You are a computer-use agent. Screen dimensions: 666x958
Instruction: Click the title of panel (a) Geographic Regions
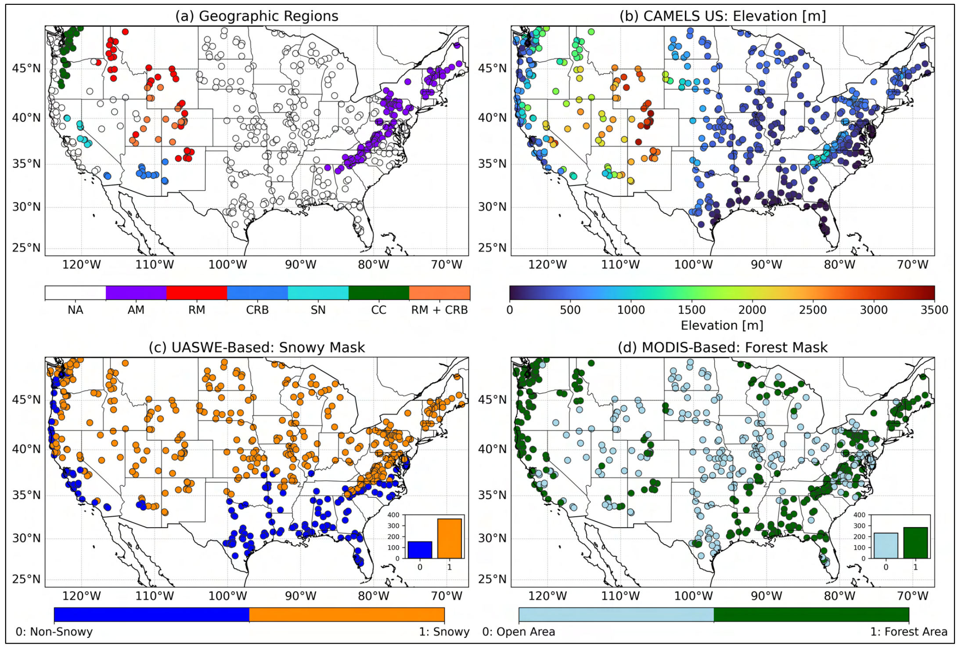257,16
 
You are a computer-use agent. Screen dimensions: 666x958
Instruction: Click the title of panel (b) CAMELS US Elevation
723,16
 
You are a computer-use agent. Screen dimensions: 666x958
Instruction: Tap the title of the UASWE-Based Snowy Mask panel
257,347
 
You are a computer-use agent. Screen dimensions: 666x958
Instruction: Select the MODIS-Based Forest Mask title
723,347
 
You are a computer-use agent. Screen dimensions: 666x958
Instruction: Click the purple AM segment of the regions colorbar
136,293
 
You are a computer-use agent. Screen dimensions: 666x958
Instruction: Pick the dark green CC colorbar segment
378,293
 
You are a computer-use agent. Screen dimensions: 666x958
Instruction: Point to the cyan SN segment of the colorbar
318,293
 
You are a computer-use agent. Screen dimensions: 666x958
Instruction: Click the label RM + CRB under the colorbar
439,310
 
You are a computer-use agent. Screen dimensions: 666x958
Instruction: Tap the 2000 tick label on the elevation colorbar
752,310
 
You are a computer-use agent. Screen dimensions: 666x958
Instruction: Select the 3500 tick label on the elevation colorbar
934,310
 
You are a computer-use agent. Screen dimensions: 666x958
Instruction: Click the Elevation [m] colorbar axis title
722,326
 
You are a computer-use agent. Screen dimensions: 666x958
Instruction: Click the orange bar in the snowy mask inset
450,539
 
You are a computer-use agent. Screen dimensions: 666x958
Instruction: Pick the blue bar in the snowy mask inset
420,550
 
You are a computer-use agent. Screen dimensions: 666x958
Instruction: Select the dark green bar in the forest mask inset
915,543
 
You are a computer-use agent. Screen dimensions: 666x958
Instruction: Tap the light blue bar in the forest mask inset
886,546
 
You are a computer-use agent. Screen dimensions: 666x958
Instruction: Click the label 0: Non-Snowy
54,632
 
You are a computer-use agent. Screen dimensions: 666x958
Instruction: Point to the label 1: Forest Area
909,632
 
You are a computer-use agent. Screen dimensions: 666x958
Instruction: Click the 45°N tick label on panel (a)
26,69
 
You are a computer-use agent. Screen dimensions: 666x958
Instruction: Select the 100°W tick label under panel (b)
693,264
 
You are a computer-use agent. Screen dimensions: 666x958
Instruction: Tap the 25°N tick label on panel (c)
26,579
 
